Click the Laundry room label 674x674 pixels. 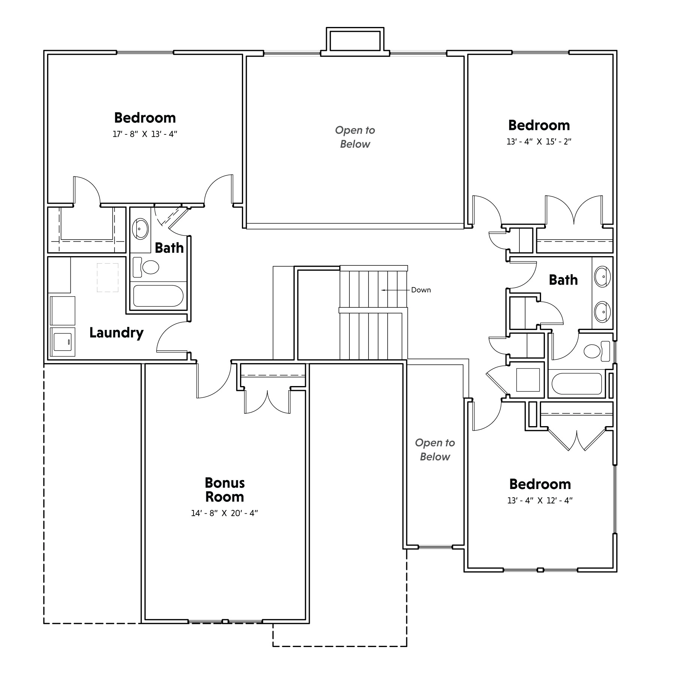pos(116,333)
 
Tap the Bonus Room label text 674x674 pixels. pos(225,490)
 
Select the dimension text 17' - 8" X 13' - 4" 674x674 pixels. pos(145,134)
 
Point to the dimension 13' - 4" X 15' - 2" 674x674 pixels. pos(539,142)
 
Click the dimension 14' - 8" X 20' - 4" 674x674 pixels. pos(225,513)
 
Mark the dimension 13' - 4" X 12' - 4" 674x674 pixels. pos(540,501)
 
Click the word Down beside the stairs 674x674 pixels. pos(421,290)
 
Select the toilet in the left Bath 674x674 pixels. pos(146,267)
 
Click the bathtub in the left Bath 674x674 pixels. pos(158,296)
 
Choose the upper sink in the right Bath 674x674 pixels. pos(602,277)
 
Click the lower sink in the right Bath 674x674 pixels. pos(602,312)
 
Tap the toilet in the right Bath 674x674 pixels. pos(597,351)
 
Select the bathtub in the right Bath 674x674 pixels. pos(577,383)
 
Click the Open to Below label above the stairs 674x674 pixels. pos(355,137)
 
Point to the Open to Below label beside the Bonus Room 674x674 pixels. pos(435,450)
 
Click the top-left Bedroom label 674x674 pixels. pos(145,118)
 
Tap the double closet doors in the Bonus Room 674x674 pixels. pos(267,402)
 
